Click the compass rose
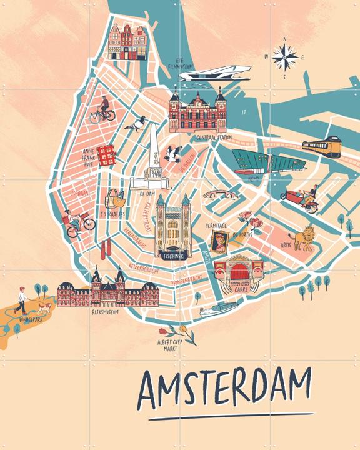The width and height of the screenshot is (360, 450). point(285,58)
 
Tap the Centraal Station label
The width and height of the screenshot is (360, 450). point(214,137)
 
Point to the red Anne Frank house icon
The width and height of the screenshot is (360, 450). point(107,152)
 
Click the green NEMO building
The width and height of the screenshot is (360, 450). point(257,161)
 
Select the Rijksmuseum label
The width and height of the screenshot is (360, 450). point(106,311)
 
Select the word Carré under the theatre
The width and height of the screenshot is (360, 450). point(235,290)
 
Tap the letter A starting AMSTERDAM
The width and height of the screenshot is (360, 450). point(151,389)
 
